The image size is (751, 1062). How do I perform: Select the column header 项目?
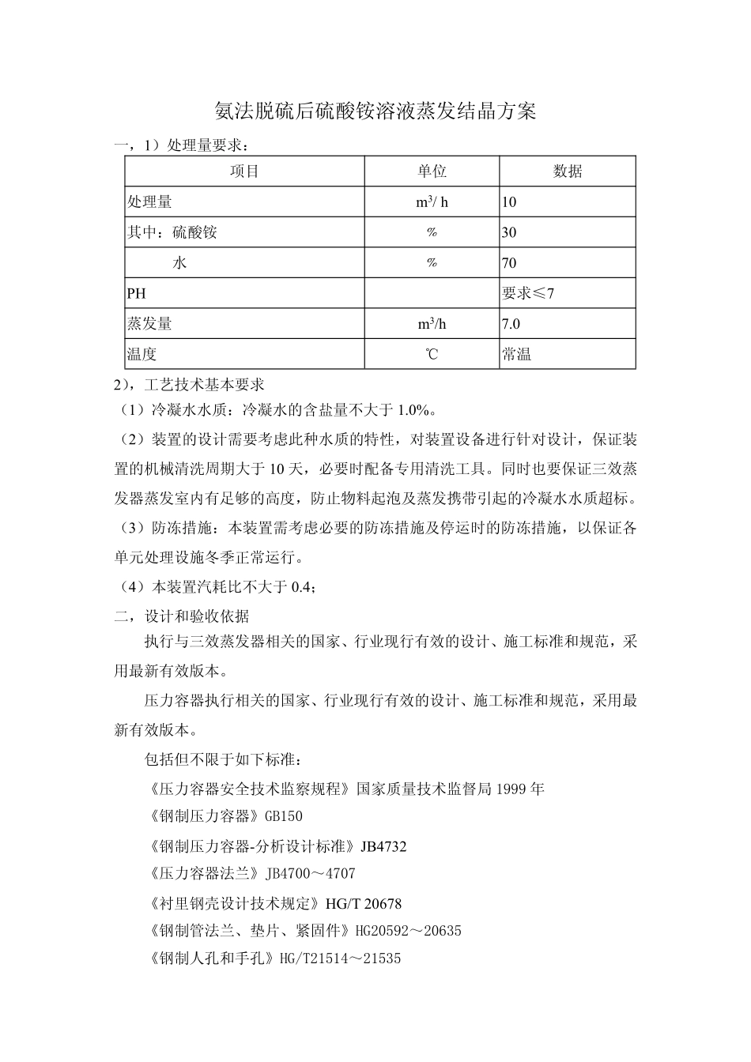click(x=244, y=171)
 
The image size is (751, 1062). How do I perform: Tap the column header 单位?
click(x=432, y=171)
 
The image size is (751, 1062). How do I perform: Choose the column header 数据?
click(x=567, y=171)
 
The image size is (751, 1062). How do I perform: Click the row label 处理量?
click(x=150, y=202)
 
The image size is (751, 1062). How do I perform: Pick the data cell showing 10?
click(x=509, y=202)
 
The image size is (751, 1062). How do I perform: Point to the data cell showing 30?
click(x=509, y=232)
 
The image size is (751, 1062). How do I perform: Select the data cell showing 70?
click(x=509, y=263)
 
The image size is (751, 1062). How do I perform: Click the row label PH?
click(x=137, y=293)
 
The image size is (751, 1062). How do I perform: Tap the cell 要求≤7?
click(x=528, y=293)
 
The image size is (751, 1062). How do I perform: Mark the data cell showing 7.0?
click(x=511, y=324)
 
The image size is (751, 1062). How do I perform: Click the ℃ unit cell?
click(x=432, y=354)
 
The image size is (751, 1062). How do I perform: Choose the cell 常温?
click(x=517, y=354)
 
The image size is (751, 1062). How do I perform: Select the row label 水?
click(x=179, y=263)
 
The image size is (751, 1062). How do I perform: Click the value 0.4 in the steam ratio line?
click(x=302, y=586)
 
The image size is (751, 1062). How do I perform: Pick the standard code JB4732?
click(x=383, y=846)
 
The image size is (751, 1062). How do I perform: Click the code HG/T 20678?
click(x=364, y=903)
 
